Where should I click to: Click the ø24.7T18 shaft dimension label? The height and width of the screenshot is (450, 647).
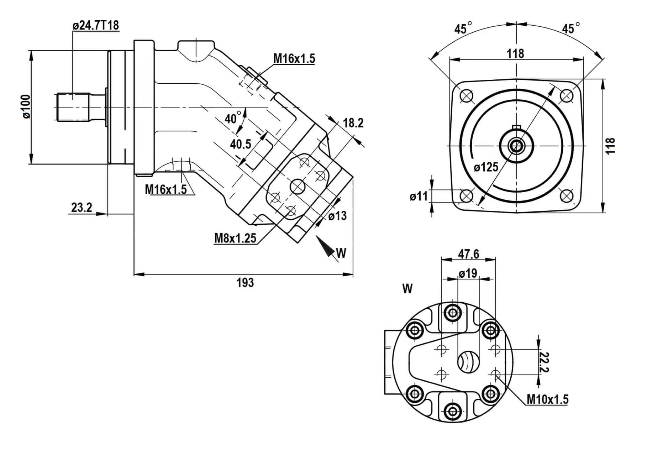(x=95, y=25)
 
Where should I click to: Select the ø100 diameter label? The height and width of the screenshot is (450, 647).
(x=26, y=106)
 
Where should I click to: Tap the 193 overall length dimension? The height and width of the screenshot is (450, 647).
(x=245, y=283)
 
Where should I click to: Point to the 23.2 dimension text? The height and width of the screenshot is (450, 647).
(x=81, y=207)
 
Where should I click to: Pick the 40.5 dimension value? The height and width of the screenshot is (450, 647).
(x=241, y=144)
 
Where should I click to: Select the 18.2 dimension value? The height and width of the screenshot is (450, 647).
(x=353, y=123)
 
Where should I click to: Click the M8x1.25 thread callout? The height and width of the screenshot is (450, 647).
(x=235, y=238)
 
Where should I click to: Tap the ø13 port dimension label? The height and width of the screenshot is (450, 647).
(x=337, y=215)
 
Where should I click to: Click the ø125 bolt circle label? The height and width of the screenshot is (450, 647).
(x=486, y=167)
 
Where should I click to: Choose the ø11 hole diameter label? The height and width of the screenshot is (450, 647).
(x=418, y=196)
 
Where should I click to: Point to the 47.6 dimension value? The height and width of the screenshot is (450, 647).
(x=468, y=254)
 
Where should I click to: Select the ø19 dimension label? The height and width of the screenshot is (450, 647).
(x=468, y=273)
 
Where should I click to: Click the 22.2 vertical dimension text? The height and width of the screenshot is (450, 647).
(x=544, y=362)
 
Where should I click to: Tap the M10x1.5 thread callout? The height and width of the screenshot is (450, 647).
(x=547, y=399)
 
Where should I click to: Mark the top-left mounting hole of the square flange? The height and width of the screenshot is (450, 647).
(x=466, y=96)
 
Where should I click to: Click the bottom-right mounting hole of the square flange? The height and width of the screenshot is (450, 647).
(x=566, y=195)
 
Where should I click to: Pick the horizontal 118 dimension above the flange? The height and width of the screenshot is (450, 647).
(x=515, y=54)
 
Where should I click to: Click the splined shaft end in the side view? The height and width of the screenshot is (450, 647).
(x=73, y=107)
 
